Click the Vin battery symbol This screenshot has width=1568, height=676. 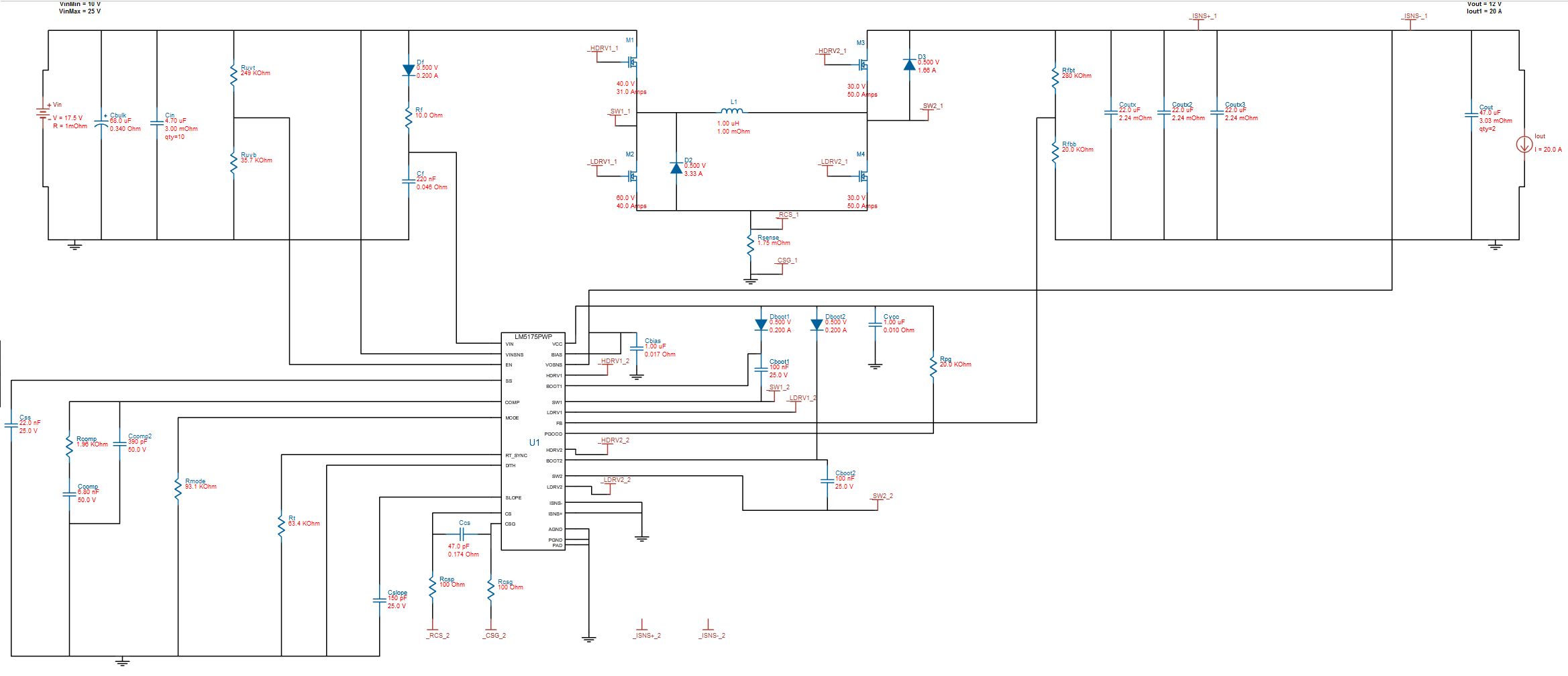[x=43, y=112]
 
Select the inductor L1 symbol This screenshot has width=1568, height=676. [x=732, y=111]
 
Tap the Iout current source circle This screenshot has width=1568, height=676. [x=1524, y=144]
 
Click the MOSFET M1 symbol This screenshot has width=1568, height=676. [x=632, y=62]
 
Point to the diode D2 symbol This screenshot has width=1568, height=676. [x=676, y=168]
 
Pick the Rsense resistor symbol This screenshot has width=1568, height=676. [x=751, y=243]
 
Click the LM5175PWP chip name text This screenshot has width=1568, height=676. [x=533, y=337]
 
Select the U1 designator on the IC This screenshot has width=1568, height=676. [x=534, y=442]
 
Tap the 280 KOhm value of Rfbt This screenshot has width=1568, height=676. [x=1076, y=76]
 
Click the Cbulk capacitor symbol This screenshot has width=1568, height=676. [x=101, y=123]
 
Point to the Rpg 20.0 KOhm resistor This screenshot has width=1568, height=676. [x=933, y=366]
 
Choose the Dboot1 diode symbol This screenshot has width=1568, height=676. [x=761, y=325]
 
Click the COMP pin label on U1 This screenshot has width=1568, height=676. [x=512, y=403]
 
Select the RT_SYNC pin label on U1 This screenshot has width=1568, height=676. [x=516, y=455]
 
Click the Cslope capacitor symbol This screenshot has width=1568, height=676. [x=380, y=600]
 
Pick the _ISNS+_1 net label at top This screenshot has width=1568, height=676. [x=1202, y=16]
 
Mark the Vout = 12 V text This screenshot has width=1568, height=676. [x=1483, y=4]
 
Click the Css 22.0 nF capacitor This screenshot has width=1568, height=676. [x=11, y=425]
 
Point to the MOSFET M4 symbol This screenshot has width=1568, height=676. [x=863, y=176]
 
